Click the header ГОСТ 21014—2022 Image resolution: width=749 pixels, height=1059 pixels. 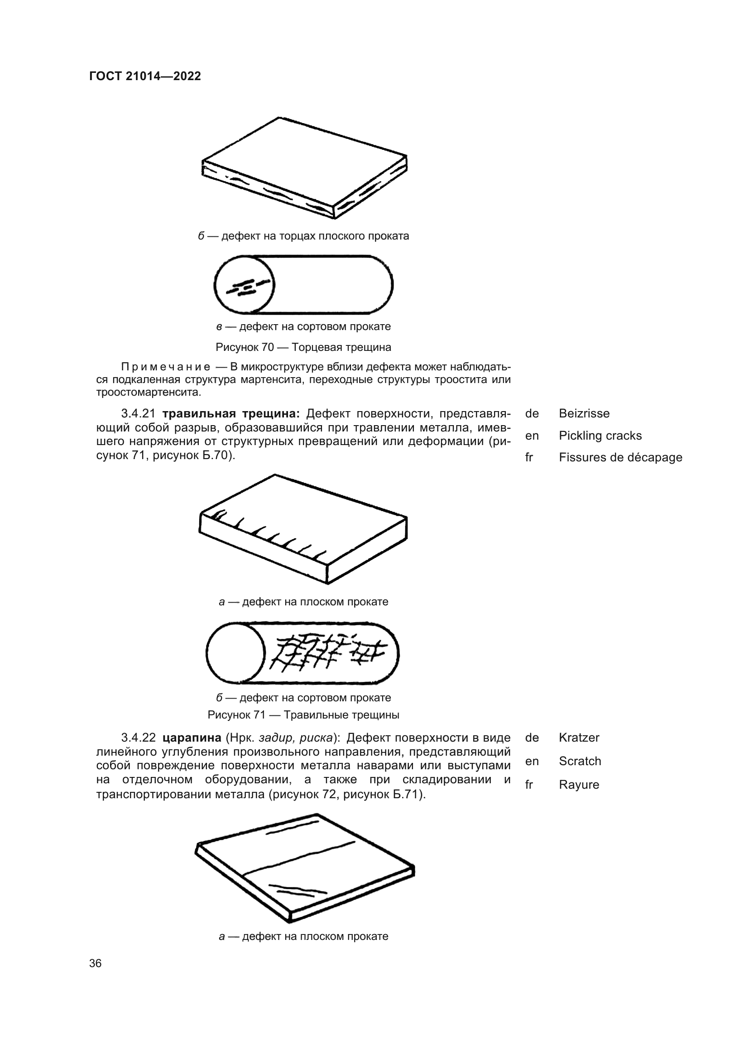145,76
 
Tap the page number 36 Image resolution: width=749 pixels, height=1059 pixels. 96,963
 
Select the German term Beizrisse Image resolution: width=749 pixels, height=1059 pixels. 584,413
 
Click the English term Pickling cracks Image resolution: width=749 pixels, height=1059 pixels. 600,436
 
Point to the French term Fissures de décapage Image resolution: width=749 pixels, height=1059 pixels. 620,457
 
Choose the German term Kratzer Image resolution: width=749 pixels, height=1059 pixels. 579,738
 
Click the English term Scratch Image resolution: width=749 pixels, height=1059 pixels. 580,761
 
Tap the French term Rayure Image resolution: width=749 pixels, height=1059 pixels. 579,785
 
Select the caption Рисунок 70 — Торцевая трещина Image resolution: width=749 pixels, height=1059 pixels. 303,347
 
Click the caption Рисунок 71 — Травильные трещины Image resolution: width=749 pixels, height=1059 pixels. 303,715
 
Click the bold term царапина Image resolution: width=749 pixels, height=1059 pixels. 192,738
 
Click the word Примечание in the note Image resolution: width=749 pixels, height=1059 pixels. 166,367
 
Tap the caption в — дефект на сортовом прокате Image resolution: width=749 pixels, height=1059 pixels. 303,326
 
